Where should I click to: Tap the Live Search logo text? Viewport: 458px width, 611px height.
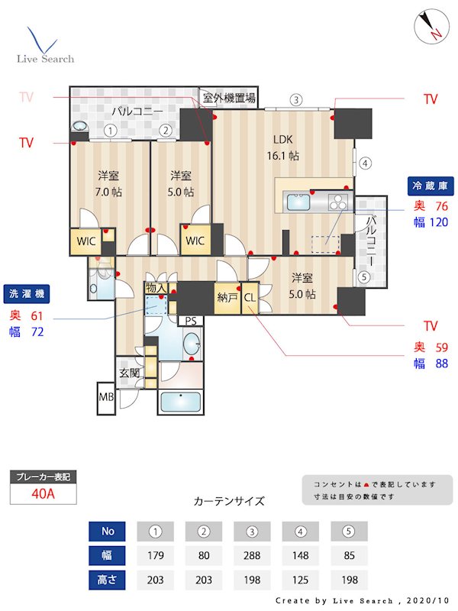46,59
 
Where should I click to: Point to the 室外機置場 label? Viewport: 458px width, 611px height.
229,98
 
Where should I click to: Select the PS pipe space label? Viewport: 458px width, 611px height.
189,321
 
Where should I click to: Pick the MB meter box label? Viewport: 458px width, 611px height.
105,397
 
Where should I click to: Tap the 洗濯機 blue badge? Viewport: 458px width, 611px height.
26,293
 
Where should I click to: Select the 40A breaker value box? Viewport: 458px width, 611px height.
43,493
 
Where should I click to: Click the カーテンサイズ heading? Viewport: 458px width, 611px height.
229,502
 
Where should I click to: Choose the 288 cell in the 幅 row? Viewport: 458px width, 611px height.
251,555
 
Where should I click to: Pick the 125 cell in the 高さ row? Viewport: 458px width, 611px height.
300,580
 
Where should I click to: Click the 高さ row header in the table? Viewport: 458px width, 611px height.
107,580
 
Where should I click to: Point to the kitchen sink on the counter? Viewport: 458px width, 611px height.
297,203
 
